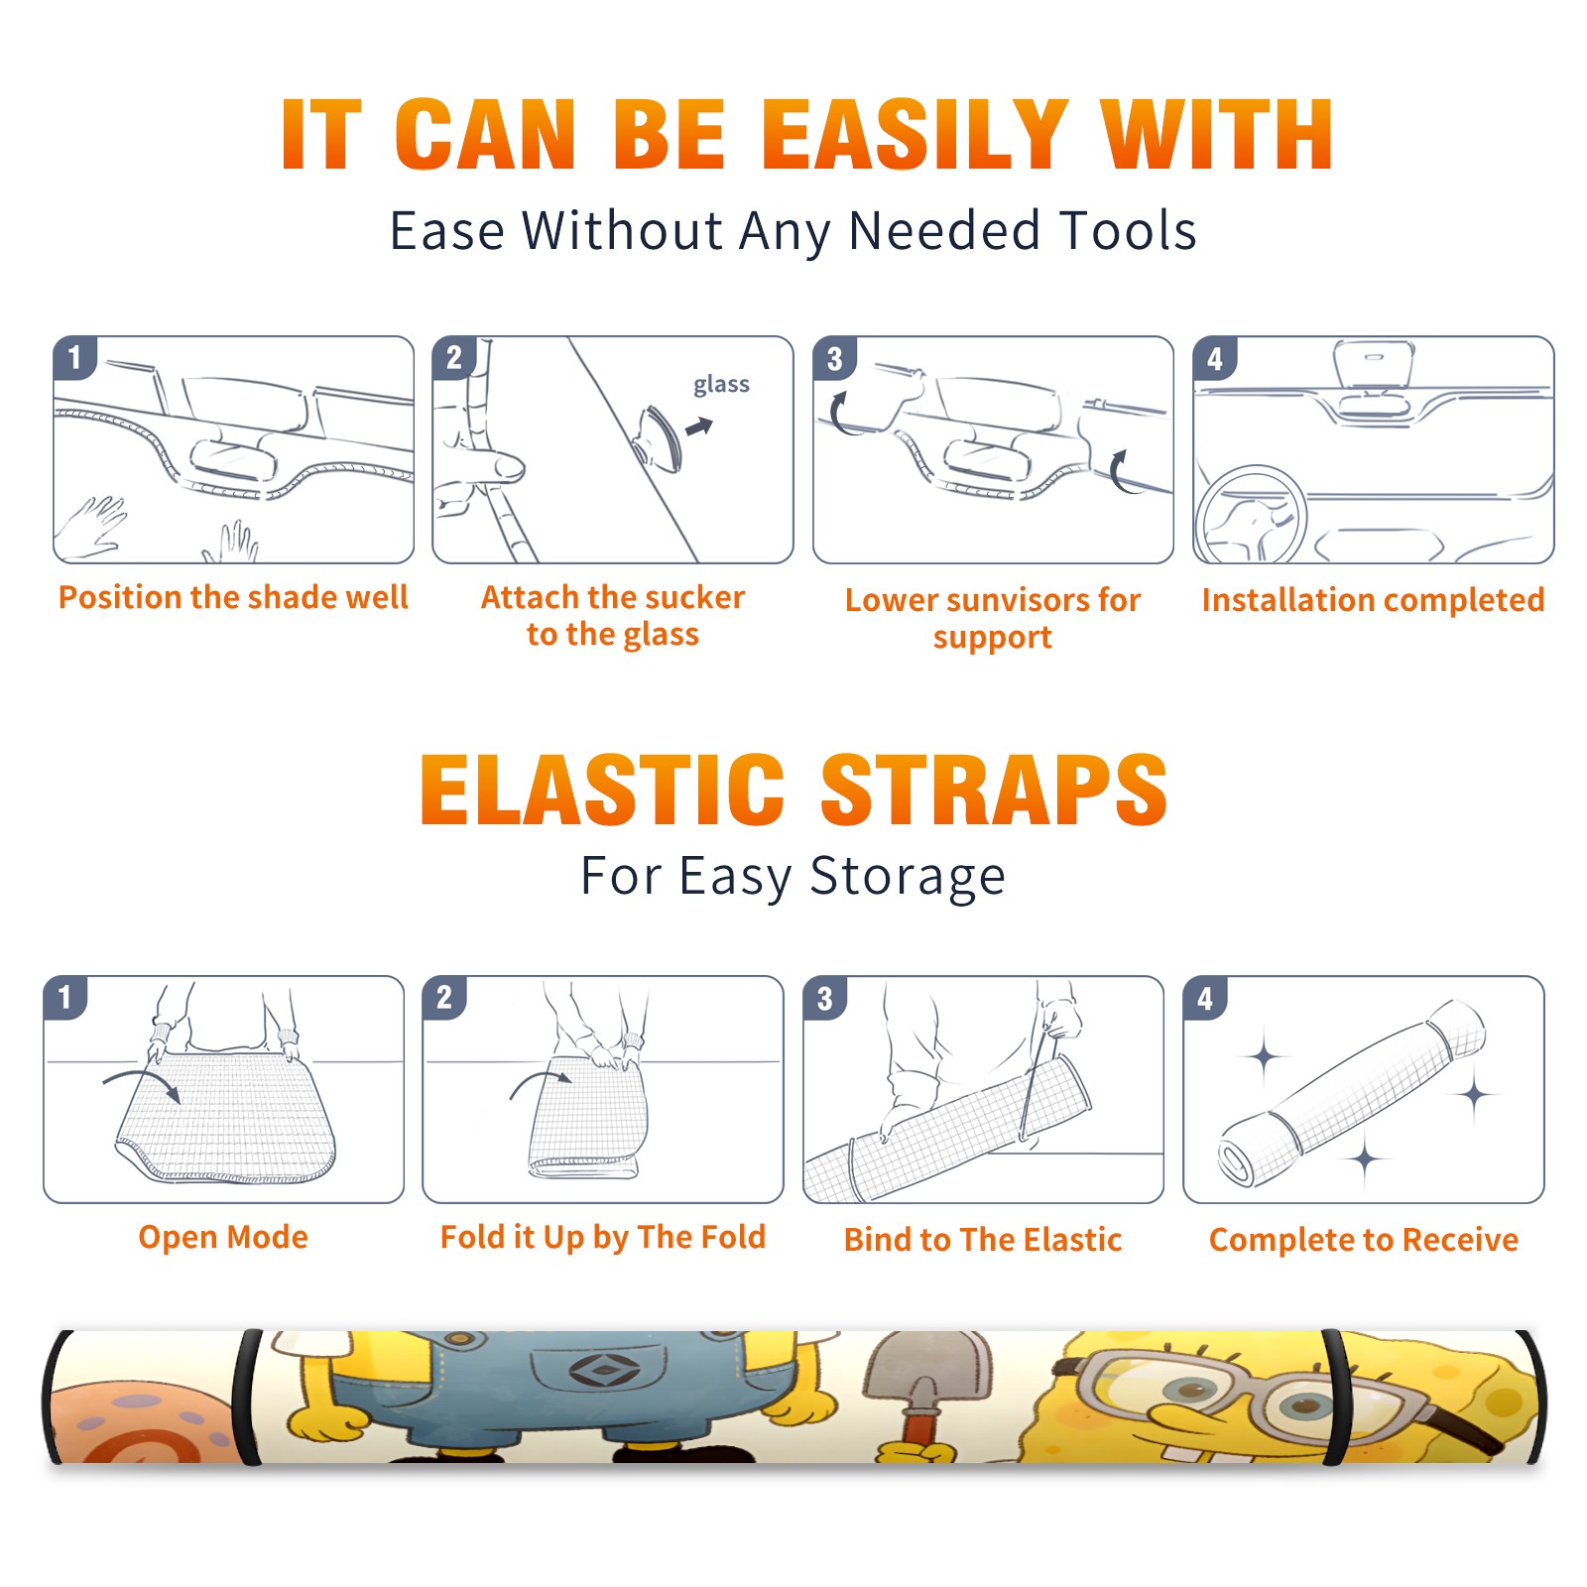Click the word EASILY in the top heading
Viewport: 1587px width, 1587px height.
pos(916,135)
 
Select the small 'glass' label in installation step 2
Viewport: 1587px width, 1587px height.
pos(721,385)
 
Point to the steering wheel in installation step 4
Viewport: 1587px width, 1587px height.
pos(1250,516)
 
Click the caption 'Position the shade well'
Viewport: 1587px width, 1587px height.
pos(233,597)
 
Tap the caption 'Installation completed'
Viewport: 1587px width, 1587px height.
pos(1373,599)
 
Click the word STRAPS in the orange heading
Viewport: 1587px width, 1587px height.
pos(994,791)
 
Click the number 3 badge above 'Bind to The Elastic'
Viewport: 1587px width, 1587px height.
pos(825,998)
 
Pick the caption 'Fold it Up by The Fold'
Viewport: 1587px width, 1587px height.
pos(603,1238)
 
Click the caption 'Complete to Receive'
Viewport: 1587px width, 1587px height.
pos(1364,1240)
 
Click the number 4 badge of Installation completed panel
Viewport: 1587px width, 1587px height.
pos(1215,358)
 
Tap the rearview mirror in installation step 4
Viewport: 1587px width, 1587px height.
pos(1374,365)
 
